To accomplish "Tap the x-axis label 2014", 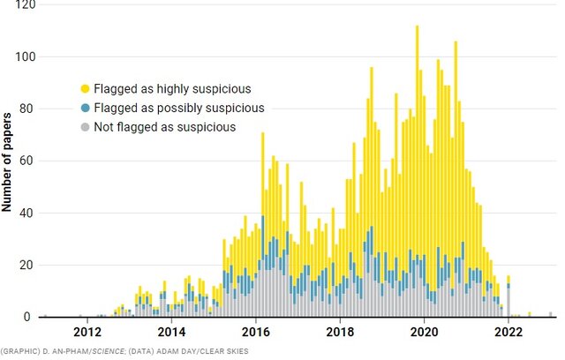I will click(x=171, y=333).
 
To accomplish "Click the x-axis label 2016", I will click(x=256, y=333).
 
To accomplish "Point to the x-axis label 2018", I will click(x=340, y=333).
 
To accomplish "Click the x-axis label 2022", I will click(x=508, y=333).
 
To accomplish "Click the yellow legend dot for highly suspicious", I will click(x=85, y=88).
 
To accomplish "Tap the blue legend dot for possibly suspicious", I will click(x=85, y=108).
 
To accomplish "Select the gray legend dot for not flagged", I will click(x=85, y=127).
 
